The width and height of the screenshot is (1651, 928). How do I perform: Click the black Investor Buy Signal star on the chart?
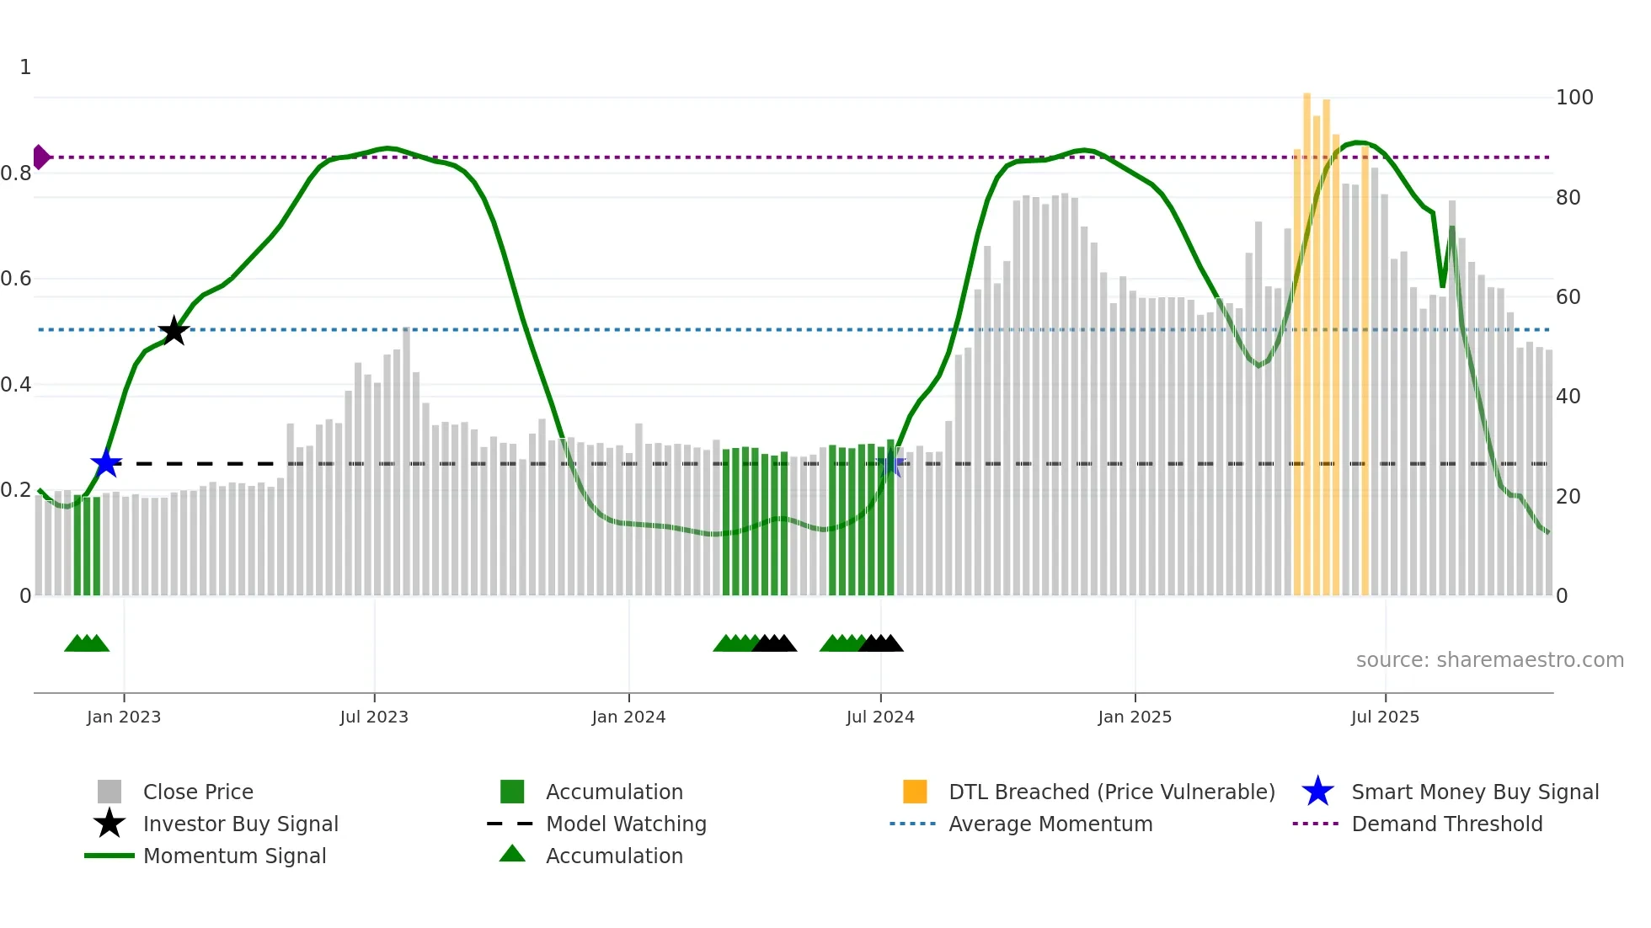click(x=174, y=331)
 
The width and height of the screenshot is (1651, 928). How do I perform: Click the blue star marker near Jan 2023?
click(x=106, y=463)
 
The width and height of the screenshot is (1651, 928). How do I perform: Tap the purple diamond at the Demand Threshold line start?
click(x=40, y=157)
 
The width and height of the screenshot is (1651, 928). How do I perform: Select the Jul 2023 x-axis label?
click(x=374, y=717)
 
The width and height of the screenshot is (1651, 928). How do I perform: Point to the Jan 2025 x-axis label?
click(x=1135, y=717)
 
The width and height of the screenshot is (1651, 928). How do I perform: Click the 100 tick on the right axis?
click(x=1574, y=98)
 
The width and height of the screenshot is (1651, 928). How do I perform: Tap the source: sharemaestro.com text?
click(x=1489, y=660)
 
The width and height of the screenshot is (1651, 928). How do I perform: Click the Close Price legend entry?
click(x=198, y=792)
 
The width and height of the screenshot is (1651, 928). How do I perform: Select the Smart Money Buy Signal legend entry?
click(x=1474, y=792)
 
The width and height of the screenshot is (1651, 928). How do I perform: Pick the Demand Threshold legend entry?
click(x=1446, y=824)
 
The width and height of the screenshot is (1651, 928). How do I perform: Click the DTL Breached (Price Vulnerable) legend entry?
click(x=1111, y=792)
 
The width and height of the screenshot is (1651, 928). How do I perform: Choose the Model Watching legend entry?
click(x=626, y=824)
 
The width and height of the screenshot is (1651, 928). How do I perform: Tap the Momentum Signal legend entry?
click(x=234, y=856)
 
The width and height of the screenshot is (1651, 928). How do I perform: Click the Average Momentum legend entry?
click(x=1050, y=824)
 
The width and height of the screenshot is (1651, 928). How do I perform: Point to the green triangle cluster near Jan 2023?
click(x=87, y=643)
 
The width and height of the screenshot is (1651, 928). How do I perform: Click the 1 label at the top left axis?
click(x=25, y=67)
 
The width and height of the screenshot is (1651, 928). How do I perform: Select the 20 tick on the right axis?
click(x=1568, y=497)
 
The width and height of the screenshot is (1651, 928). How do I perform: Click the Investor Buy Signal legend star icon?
click(x=110, y=824)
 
